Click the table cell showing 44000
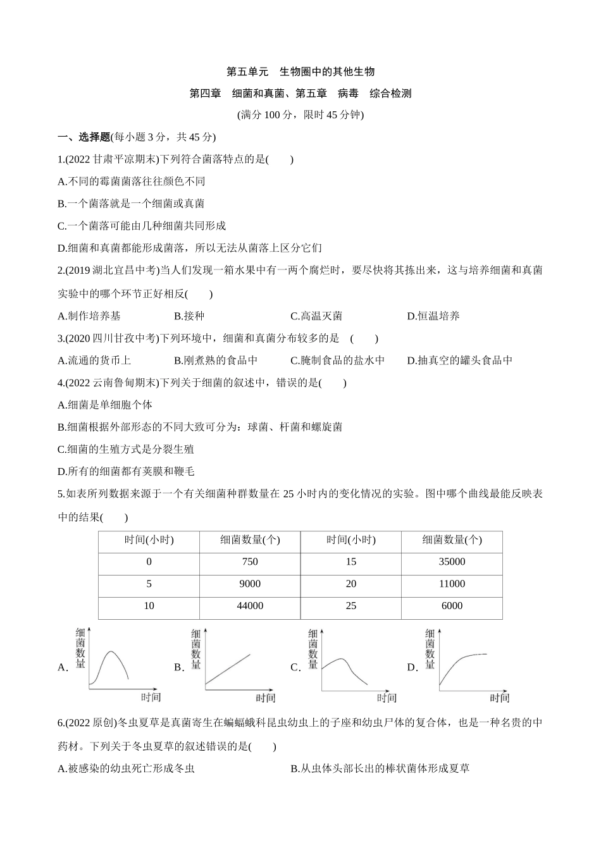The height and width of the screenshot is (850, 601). pyautogui.click(x=250, y=606)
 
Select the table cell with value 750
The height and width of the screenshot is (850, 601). pyautogui.click(x=250, y=562)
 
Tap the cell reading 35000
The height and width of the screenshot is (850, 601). pyautogui.click(x=452, y=562)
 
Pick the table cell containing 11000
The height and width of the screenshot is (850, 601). pyautogui.click(x=452, y=584)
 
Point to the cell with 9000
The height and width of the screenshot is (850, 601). pyautogui.click(x=250, y=584)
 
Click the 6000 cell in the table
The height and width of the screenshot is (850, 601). pyautogui.click(x=452, y=606)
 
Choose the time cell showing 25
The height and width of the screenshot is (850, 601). pyautogui.click(x=351, y=606)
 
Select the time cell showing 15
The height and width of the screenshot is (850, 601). pyautogui.click(x=351, y=562)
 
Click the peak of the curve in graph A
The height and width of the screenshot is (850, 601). pyautogui.click(x=113, y=652)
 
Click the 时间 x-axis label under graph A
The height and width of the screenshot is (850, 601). pyautogui.click(x=151, y=697)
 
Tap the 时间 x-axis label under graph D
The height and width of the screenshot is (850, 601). pyautogui.click(x=499, y=698)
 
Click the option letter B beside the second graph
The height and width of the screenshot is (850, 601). pyautogui.click(x=178, y=667)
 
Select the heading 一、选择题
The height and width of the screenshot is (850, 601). pyautogui.click(x=84, y=137)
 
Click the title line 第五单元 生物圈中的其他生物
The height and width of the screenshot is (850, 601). pyautogui.click(x=300, y=71)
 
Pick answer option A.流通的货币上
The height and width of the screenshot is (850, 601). pyautogui.click(x=94, y=360)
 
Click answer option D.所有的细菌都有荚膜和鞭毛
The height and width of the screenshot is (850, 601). pyautogui.click(x=125, y=471)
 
